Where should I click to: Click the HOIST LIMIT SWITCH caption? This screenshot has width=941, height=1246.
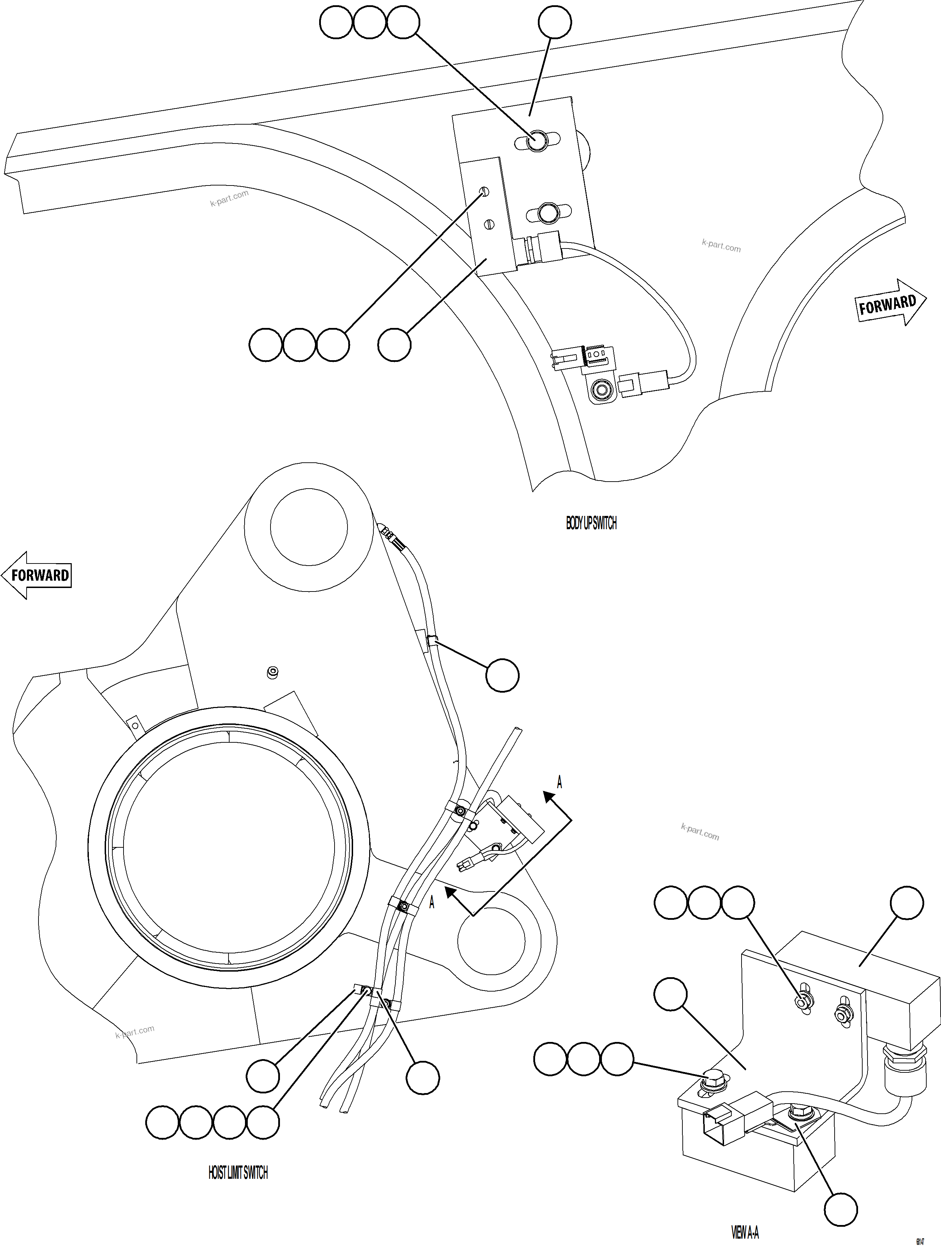[238, 1173]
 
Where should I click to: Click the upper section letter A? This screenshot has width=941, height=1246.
[559, 782]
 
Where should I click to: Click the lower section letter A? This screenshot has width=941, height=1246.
[432, 902]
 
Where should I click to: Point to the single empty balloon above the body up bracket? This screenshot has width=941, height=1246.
[555, 22]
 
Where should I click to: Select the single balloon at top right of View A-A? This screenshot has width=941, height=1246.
[907, 903]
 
